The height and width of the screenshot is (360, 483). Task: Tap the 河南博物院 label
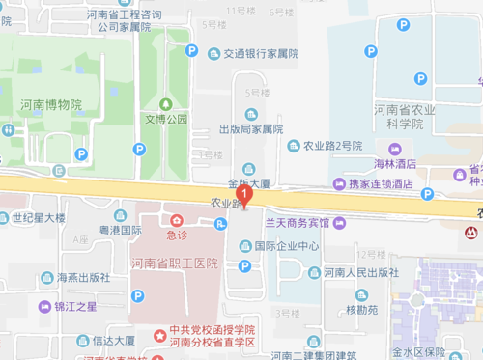click(51, 104)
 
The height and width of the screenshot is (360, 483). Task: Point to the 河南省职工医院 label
click(175, 263)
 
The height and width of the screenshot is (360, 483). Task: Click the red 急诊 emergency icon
click(176, 220)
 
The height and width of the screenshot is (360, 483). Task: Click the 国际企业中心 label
click(287, 245)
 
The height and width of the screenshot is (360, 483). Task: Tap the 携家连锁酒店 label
click(380, 183)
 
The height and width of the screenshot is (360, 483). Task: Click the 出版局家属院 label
click(250, 128)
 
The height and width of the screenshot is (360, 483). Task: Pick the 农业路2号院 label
click(331, 146)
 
